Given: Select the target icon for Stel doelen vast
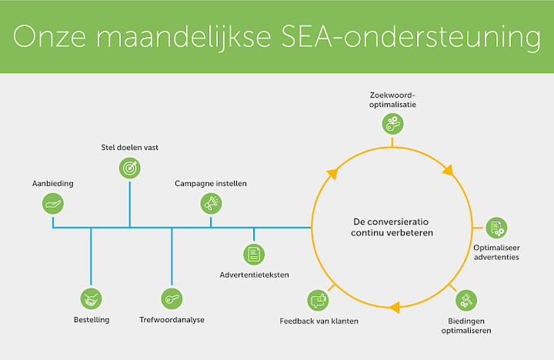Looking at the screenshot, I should [x=130, y=168].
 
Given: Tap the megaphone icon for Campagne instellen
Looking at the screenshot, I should [x=211, y=203].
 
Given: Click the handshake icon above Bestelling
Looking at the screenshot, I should [x=92, y=298].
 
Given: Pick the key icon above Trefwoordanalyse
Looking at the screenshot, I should [x=172, y=298].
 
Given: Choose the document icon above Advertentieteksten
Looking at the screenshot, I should [x=254, y=253].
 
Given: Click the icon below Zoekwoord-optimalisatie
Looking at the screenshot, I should [x=392, y=122].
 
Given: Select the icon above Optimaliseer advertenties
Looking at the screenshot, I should [x=496, y=228].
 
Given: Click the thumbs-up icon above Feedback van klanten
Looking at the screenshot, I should [x=318, y=299].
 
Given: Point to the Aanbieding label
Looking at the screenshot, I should [x=52, y=185].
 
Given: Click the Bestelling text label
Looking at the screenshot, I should [x=92, y=319].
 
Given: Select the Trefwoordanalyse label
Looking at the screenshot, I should [x=172, y=319].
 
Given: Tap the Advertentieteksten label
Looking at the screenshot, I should [x=254, y=275].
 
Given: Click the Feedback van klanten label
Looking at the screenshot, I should [x=319, y=319].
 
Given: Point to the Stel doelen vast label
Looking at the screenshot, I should [x=130, y=147].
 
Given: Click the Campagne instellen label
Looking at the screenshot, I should [x=211, y=185].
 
